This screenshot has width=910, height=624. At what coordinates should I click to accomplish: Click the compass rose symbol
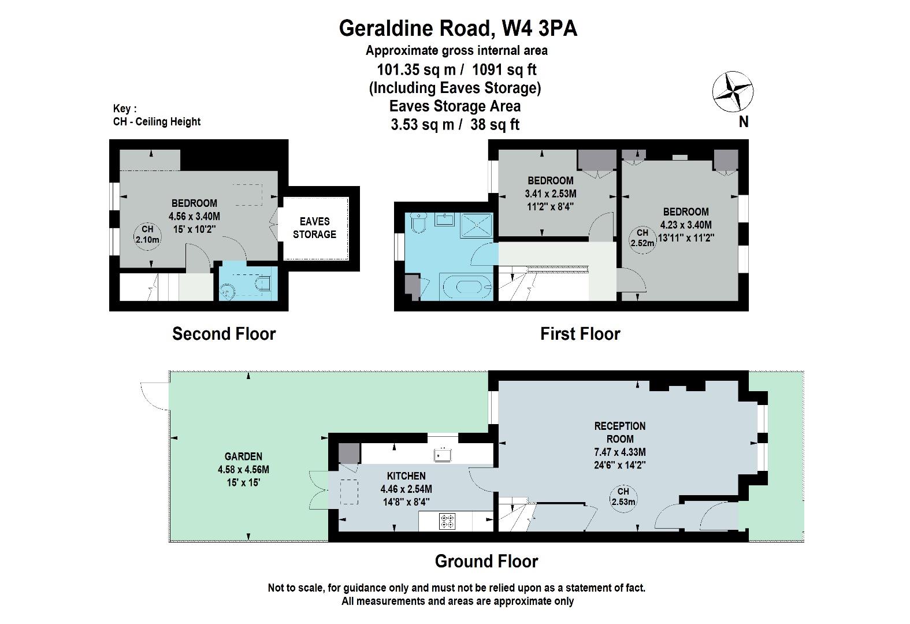click(x=733, y=91)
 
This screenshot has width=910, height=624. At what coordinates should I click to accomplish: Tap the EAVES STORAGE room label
click(x=314, y=228)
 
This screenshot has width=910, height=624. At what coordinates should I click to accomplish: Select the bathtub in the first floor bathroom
click(x=466, y=287)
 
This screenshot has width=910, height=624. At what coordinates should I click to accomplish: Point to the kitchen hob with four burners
click(x=447, y=521)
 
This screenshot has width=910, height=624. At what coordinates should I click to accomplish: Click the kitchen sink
click(x=443, y=455)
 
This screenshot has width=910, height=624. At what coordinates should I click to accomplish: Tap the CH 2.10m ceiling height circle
click(x=147, y=235)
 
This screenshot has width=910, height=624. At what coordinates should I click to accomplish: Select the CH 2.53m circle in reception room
click(x=623, y=497)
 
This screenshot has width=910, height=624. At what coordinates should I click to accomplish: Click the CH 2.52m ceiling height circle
click(x=642, y=239)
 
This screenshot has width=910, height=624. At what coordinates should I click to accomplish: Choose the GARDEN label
click(x=243, y=456)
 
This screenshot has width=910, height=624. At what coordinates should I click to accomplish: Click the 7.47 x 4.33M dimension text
click(x=620, y=452)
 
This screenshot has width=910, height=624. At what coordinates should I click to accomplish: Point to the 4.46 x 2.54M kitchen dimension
click(x=406, y=489)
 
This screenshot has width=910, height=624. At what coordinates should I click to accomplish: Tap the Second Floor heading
click(x=224, y=334)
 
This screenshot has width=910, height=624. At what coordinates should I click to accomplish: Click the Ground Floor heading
click(x=486, y=562)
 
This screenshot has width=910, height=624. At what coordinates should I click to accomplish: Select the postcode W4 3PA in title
click(x=540, y=28)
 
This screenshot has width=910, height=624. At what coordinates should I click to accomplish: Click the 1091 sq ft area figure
click(x=504, y=70)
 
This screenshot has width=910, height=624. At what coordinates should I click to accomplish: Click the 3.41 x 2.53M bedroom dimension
click(x=551, y=194)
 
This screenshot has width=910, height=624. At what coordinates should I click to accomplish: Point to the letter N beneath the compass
click(x=744, y=122)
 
